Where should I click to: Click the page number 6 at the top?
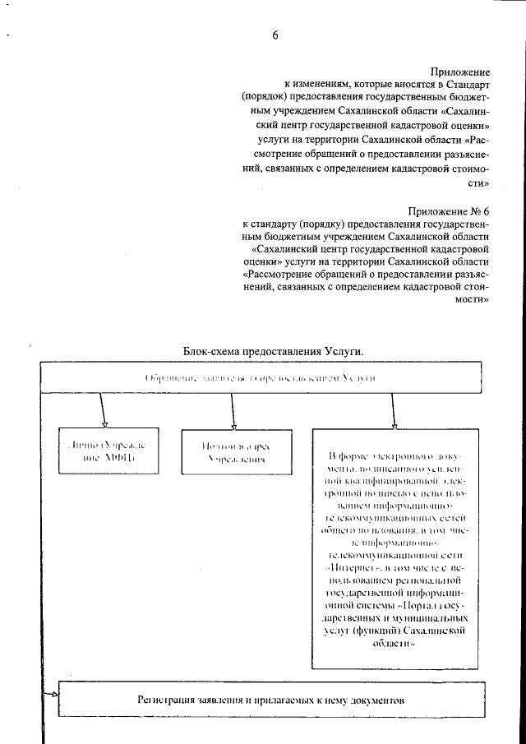pos(276,35)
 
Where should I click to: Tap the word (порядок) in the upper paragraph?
pos(267,98)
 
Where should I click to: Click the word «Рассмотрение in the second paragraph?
pos(279,275)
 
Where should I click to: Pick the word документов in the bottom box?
pos(375,704)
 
